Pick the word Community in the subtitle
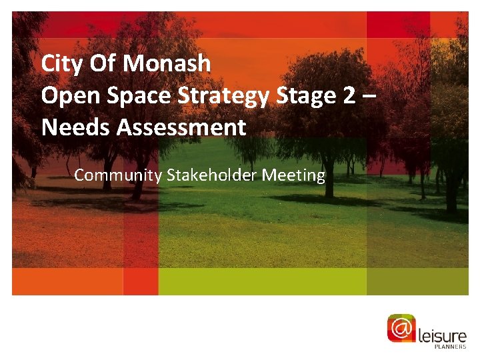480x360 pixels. pos(118,176)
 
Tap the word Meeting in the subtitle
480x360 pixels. pos(293,176)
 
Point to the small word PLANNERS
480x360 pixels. pos(450,347)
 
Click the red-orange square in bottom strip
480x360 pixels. pos(141,281)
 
